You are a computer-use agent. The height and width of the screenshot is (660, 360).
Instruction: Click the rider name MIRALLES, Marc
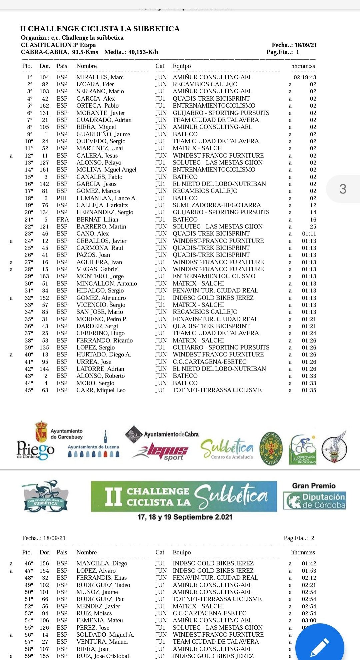coord(100,77)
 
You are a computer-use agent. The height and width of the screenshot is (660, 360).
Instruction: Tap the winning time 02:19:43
coord(305,77)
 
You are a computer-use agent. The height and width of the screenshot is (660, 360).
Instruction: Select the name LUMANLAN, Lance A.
coord(106,198)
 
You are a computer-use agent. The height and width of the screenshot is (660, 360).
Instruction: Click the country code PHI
coord(62,198)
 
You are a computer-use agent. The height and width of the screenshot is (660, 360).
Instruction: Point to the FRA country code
coord(63,220)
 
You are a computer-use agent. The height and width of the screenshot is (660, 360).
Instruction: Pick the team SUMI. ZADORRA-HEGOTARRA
coord(217,205)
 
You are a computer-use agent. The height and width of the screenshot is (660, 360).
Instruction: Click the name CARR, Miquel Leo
coord(101,390)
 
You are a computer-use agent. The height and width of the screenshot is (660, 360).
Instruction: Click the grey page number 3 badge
coord(343,189)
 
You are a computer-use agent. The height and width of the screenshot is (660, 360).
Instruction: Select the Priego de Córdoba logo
coord(35,450)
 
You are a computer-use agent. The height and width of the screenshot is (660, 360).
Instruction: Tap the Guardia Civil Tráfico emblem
coord(271,448)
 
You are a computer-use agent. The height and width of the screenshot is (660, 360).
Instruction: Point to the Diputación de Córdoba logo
coord(314,500)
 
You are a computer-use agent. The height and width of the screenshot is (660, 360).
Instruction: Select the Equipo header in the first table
coord(182,66)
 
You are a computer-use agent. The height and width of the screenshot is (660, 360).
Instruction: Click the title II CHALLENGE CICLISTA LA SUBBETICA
coord(100,29)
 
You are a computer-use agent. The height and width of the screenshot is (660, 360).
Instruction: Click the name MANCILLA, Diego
coord(102,563)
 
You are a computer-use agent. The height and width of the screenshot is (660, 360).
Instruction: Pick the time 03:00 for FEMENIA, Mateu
coord(309,620)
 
